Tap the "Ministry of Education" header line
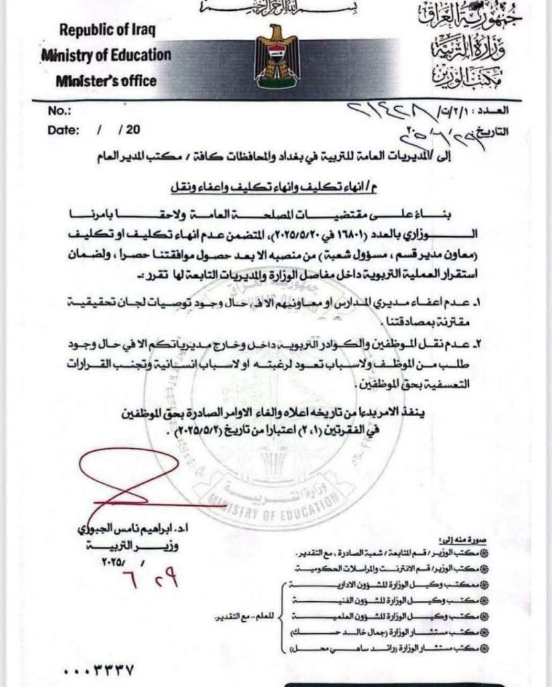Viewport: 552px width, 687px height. (106, 55)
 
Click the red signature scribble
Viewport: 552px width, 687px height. (127, 480)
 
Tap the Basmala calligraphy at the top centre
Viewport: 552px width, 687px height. (276, 7)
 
